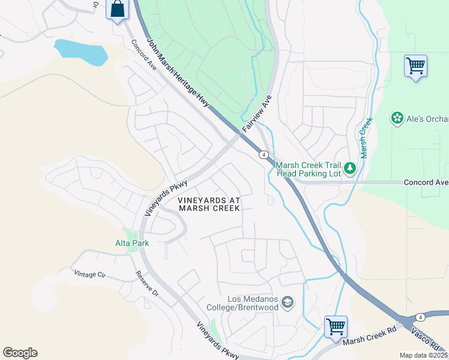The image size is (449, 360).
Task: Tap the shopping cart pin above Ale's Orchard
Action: click(x=415, y=65)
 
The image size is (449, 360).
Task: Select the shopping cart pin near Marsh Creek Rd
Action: click(x=336, y=328)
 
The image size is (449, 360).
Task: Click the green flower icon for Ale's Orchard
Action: click(x=397, y=118)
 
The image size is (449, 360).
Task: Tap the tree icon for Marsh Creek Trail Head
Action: click(x=350, y=170)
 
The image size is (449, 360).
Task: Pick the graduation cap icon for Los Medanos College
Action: click(x=288, y=302)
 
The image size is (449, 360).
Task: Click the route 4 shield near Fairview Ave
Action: click(x=264, y=155)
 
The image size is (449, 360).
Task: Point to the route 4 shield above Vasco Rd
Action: click(x=420, y=316)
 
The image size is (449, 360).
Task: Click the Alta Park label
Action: click(x=132, y=243)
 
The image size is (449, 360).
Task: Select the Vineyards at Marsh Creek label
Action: click(x=209, y=203)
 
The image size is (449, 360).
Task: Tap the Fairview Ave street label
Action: click(x=258, y=114)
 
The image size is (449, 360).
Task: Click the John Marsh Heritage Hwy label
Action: click(x=178, y=74)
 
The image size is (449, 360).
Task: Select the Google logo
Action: click(x=20, y=353)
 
